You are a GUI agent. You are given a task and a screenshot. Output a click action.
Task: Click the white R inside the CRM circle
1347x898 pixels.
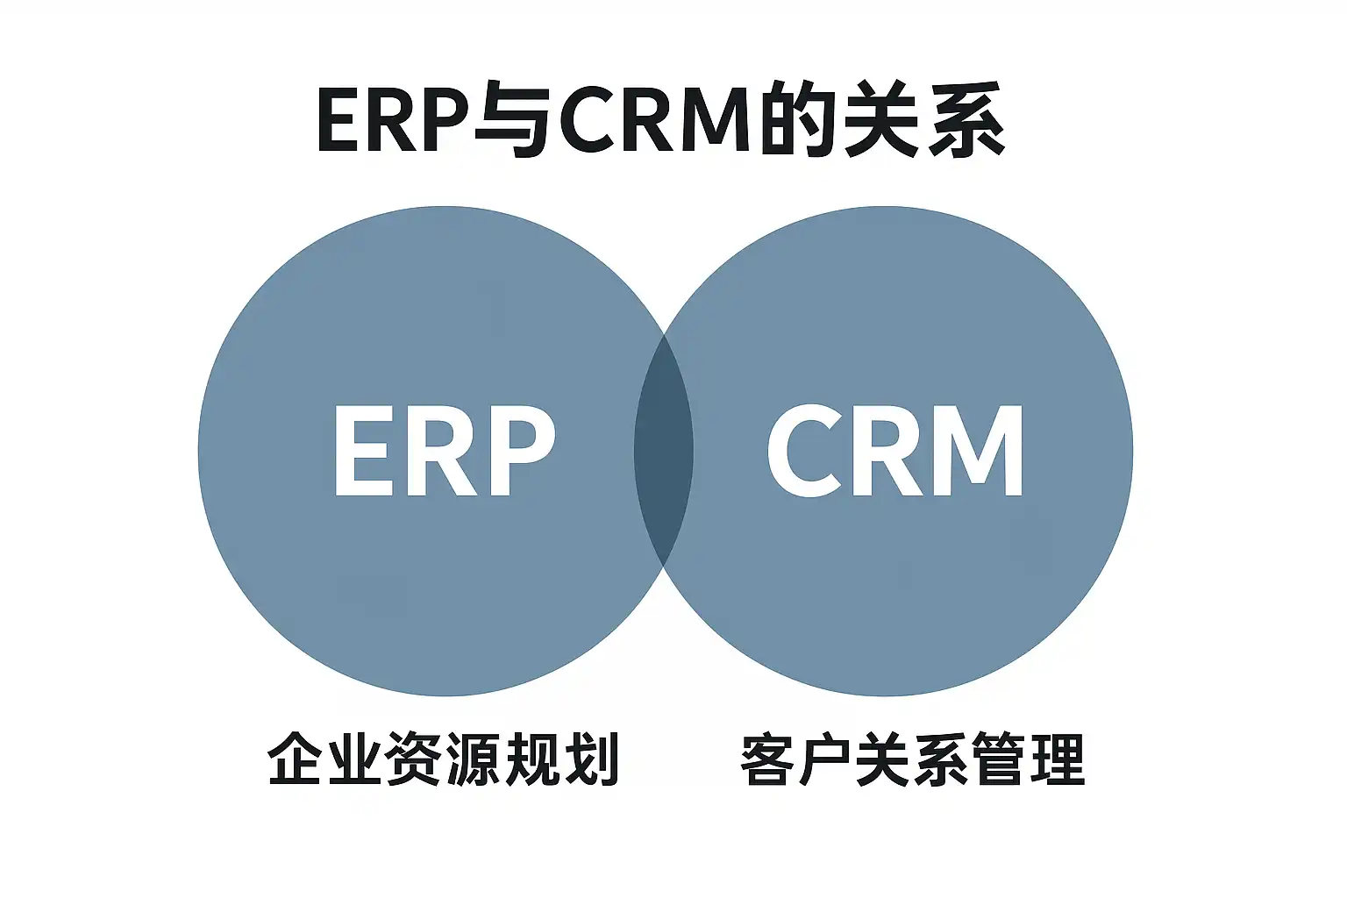tap(886, 452)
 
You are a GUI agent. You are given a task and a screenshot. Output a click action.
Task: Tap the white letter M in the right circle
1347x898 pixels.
tap(978, 452)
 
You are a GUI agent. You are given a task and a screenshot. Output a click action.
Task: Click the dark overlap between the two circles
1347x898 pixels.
tap(664, 452)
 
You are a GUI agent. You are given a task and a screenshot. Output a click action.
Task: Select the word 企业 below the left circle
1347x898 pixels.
tap(325, 759)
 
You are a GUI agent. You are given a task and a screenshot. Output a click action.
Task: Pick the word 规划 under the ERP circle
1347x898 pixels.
tap(561, 759)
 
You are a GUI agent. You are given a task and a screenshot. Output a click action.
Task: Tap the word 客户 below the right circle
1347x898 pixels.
tap(797, 759)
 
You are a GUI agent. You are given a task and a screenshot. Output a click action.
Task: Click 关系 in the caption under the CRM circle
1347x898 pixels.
tap(913, 759)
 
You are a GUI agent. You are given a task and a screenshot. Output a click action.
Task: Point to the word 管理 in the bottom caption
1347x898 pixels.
tap(1029, 759)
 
